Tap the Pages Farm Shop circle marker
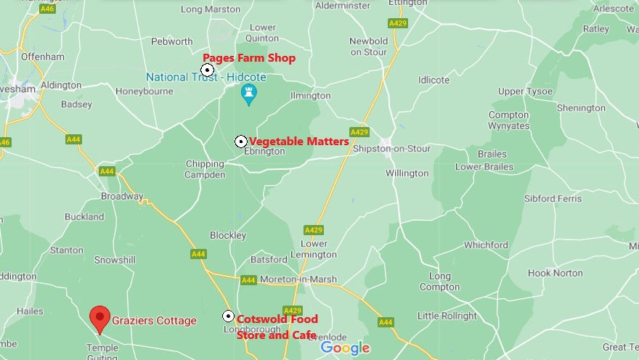click(208, 70)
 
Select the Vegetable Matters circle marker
click(241, 142)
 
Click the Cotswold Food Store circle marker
click(228, 316)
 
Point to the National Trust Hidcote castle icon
click(249, 94)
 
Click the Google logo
click(345, 348)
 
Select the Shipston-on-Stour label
click(391, 149)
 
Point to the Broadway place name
click(122, 197)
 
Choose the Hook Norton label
click(555, 273)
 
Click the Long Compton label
click(439, 282)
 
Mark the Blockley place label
click(228, 235)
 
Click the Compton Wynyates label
click(508, 120)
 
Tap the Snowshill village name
click(115, 259)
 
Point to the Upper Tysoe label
click(525, 91)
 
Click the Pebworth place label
click(172, 41)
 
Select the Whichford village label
click(486, 245)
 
